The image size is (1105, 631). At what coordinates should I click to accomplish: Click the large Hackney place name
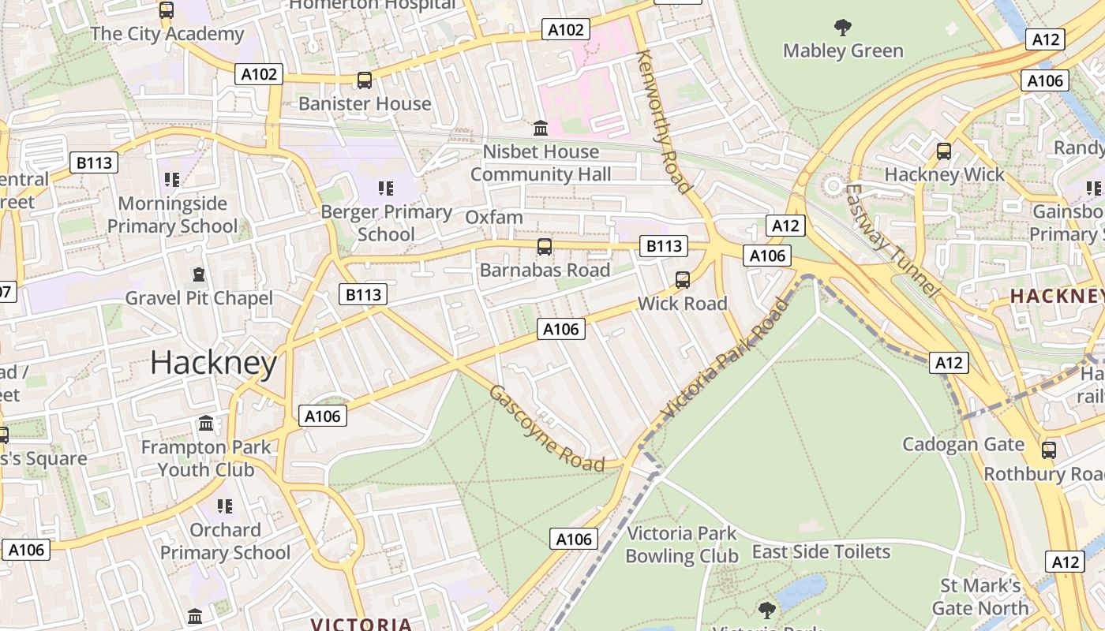[213, 364]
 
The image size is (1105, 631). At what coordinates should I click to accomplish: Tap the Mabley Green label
[843, 51]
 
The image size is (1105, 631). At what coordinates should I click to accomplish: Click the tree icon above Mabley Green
[843, 28]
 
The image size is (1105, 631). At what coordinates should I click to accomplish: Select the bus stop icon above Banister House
[364, 80]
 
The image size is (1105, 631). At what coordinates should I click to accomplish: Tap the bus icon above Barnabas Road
[544, 247]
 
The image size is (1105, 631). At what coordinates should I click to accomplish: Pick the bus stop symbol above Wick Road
[683, 280]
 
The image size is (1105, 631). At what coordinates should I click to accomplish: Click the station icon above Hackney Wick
[943, 151]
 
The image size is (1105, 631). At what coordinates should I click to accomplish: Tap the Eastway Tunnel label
[892, 241]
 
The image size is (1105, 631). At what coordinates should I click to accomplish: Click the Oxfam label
[494, 218]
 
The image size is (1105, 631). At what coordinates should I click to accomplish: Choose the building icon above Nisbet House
[541, 128]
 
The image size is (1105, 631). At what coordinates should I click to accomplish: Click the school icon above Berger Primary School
[385, 188]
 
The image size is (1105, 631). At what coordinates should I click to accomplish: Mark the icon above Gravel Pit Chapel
[199, 274]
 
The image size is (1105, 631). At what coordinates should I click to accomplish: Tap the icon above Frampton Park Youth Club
[206, 424]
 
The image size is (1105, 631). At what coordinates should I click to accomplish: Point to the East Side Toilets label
[821, 552]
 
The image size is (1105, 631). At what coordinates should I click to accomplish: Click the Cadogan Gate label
[963, 444]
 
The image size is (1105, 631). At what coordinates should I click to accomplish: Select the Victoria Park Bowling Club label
[682, 545]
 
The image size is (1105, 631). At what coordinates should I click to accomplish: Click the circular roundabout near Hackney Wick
[832, 187]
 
